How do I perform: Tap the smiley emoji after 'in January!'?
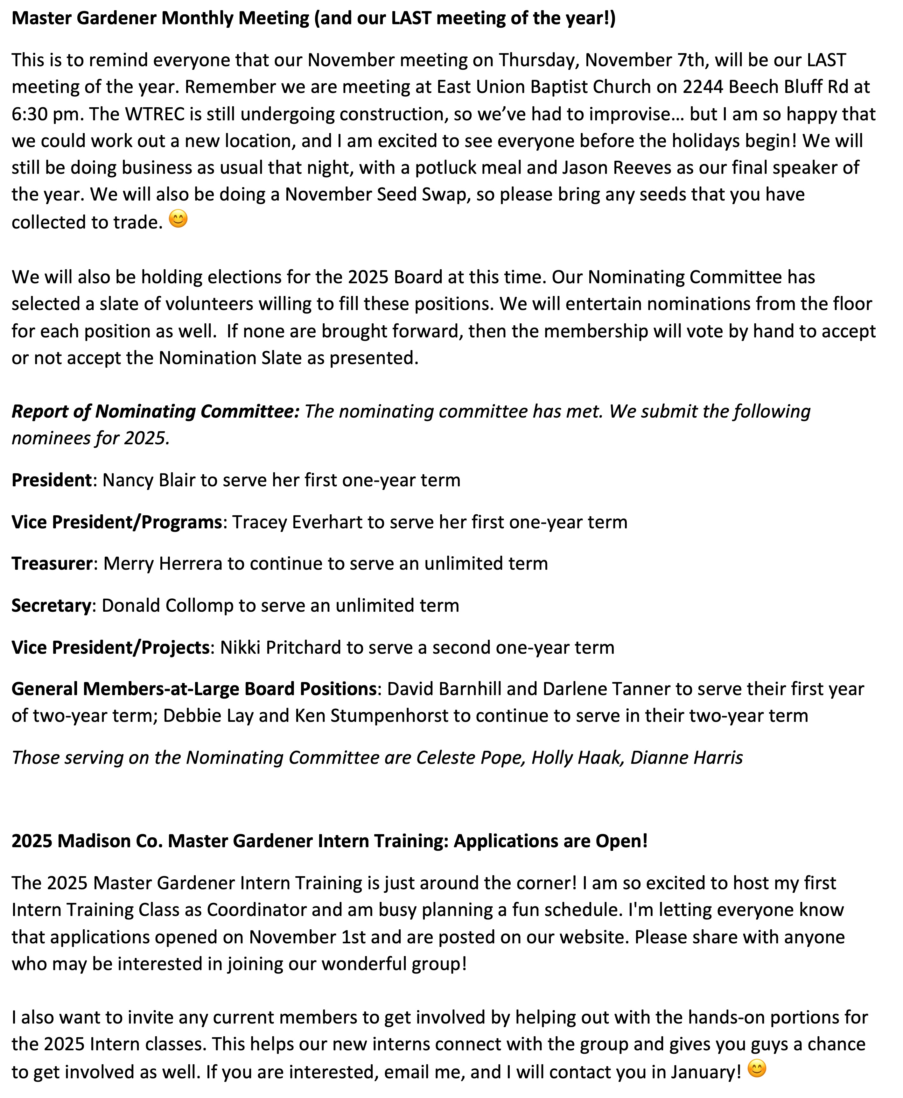click(x=757, y=1069)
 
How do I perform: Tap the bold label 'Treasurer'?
click(x=52, y=564)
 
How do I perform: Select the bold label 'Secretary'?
click(x=51, y=606)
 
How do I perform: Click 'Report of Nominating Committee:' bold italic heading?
click(x=156, y=411)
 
